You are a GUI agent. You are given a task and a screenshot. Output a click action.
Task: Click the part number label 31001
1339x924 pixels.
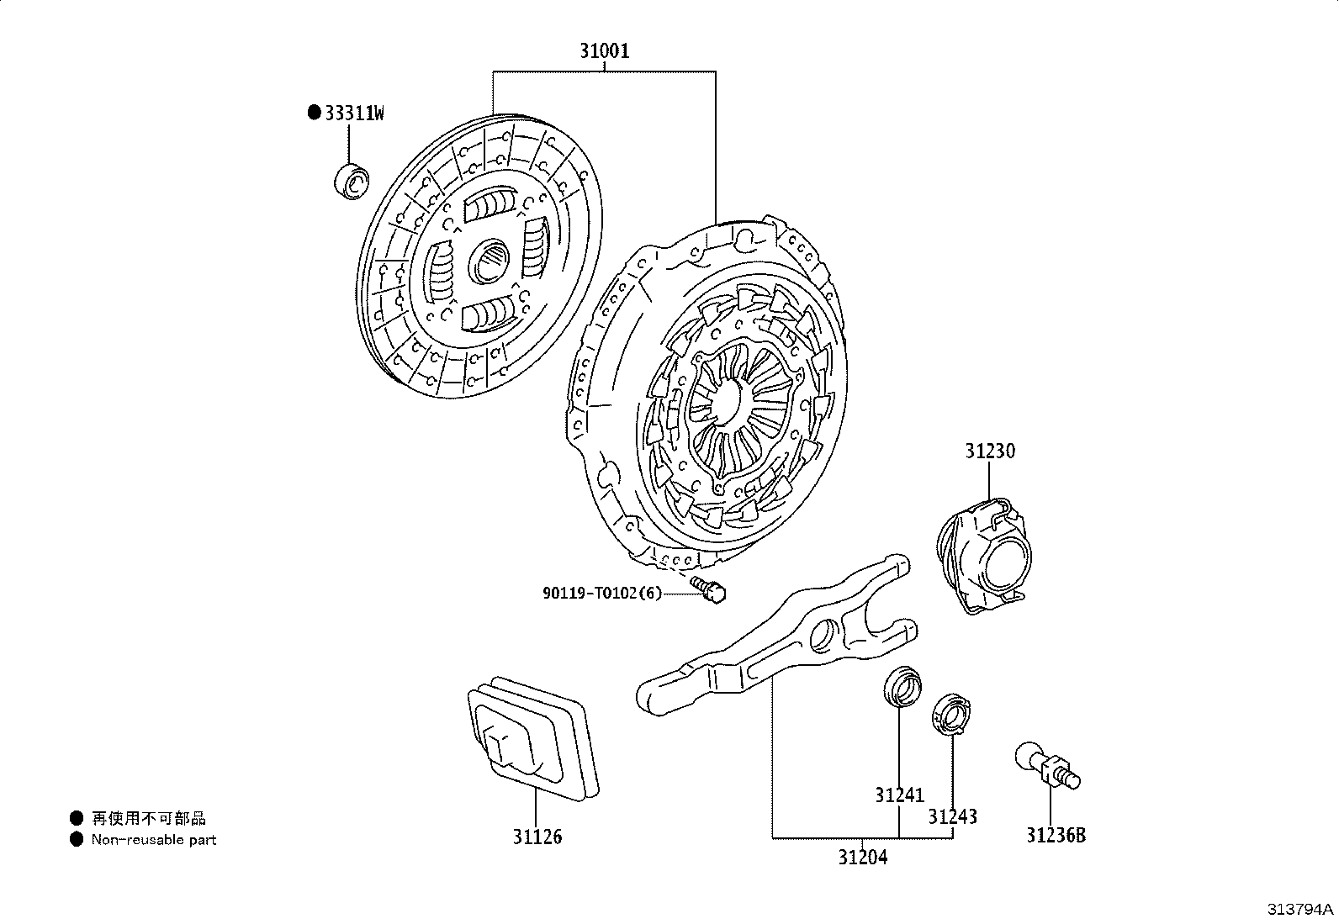point(605,51)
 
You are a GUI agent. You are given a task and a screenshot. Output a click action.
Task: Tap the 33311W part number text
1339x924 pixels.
point(354,113)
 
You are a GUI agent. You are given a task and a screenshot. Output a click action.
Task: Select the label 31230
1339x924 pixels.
point(990,451)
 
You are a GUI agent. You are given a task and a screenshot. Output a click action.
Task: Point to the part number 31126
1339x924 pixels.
point(537,837)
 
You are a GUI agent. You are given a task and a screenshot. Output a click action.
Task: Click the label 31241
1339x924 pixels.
point(900,795)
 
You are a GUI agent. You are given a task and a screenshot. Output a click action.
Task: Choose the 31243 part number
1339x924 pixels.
point(952,816)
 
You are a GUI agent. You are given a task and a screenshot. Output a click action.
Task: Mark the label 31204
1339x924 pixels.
point(863,857)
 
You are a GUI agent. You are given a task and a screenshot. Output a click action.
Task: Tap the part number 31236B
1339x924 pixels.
point(1056,835)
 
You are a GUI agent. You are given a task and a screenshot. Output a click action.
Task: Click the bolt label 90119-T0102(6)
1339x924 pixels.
point(602,593)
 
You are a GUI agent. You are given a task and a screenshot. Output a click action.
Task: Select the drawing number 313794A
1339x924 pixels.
point(1300,909)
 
